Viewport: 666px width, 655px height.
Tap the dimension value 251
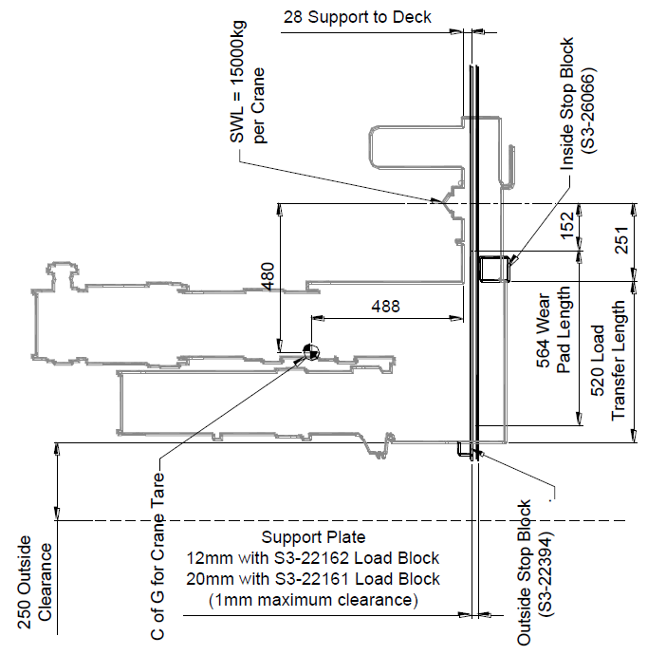[x=622, y=241]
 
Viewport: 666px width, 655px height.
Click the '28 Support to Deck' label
[x=357, y=17]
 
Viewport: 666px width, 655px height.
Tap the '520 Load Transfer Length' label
[x=610, y=361]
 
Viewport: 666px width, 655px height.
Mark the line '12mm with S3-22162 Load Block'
[x=313, y=558]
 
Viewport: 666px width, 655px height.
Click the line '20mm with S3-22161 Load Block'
[x=313, y=579]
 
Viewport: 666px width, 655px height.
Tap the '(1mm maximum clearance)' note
[x=313, y=600]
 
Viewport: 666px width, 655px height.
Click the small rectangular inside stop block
[x=493, y=268]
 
